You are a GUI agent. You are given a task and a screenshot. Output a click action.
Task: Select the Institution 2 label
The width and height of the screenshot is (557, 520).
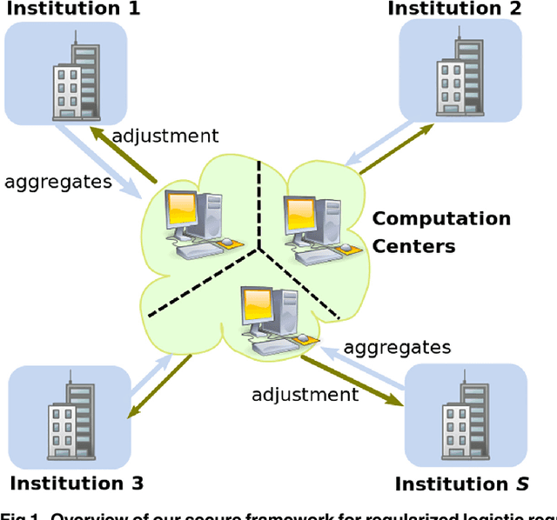pyautogui.click(x=455, y=9)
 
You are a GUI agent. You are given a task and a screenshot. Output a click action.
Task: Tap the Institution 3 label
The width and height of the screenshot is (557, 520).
pyautogui.click(x=77, y=483)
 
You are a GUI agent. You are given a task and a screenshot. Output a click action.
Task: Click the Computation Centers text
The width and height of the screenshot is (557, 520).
pyautogui.click(x=441, y=232)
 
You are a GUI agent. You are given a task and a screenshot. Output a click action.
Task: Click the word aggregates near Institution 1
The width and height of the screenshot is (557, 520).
pyautogui.click(x=58, y=181)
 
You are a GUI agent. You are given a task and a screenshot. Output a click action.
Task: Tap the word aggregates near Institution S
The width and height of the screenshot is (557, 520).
pyautogui.click(x=397, y=347)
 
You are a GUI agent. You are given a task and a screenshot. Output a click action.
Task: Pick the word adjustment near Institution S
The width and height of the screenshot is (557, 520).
pyautogui.click(x=305, y=394)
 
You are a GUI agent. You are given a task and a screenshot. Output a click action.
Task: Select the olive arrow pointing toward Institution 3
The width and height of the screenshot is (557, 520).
pyautogui.click(x=161, y=386)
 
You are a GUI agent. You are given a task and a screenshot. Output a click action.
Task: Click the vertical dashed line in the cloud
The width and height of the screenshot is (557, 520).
pyautogui.click(x=259, y=204)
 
